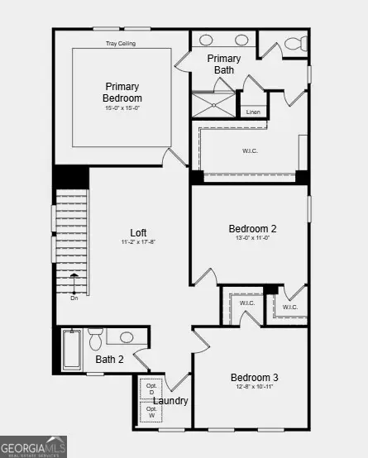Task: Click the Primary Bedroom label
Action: click(122, 92)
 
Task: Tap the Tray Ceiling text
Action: click(122, 44)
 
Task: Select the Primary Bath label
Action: click(223, 64)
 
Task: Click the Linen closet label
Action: click(253, 112)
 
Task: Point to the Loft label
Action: click(139, 232)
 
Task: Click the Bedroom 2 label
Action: click(252, 229)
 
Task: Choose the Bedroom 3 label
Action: click(254, 378)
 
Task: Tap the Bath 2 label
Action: click(109, 359)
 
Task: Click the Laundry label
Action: click(170, 401)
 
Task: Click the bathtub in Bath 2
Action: click(72, 349)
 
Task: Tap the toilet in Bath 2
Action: click(96, 339)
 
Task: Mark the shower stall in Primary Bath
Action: click(213, 105)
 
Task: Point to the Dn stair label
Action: click(74, 298)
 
